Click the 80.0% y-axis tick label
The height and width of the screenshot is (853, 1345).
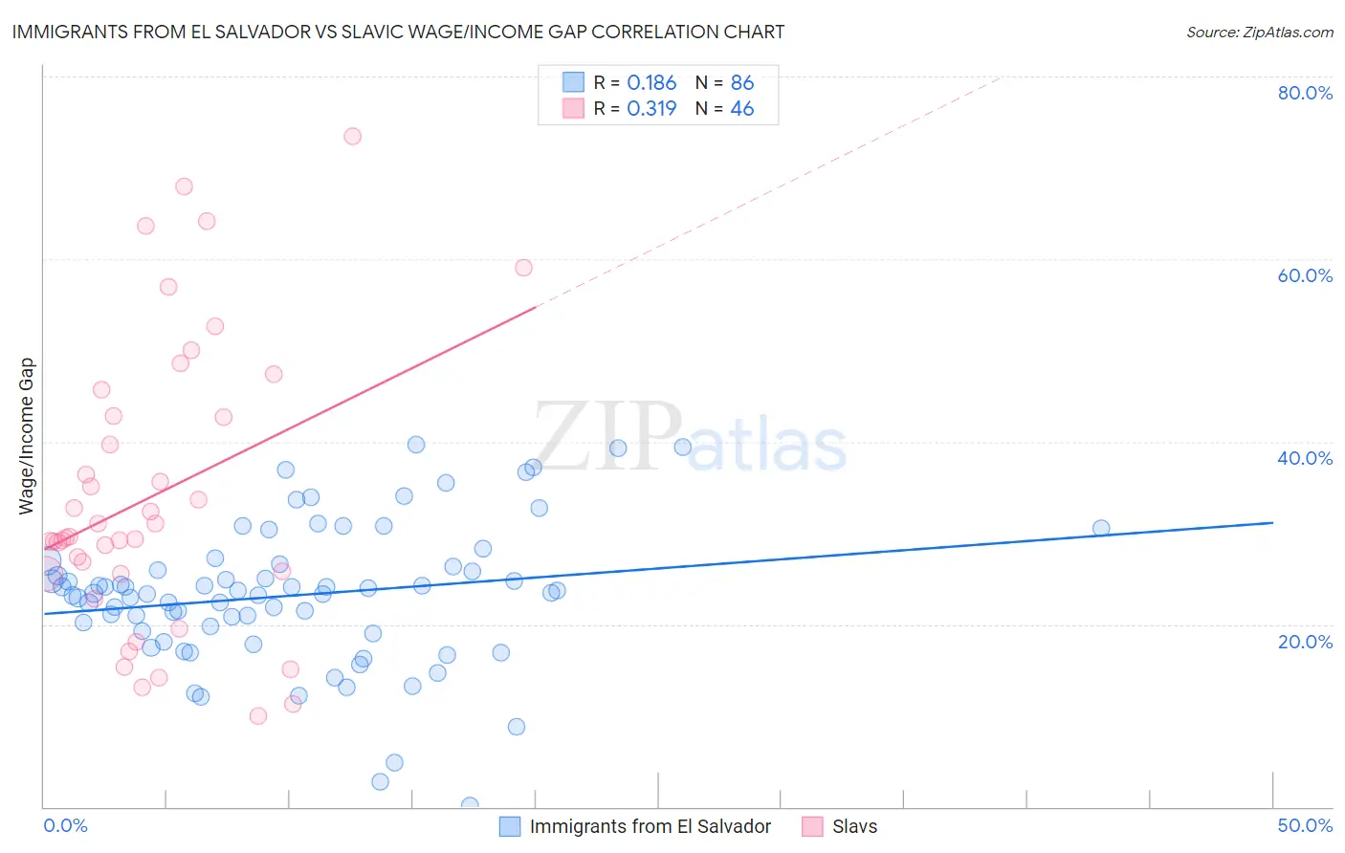point(1305,93)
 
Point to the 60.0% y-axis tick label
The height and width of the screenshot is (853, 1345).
point(1305,275)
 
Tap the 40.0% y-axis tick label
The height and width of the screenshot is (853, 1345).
point(1305,458)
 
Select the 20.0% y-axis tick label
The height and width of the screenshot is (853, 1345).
point(1305,641)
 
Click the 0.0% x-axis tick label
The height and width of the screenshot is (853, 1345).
point(65,825)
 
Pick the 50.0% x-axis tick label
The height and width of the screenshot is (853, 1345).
point(1305,825)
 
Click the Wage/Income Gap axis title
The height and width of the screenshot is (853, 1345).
point(27,436)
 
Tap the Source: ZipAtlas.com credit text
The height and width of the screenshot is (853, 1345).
point(1259,33)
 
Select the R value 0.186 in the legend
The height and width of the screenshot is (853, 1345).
point(651,83)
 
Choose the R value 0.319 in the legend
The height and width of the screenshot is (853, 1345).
point(651,109)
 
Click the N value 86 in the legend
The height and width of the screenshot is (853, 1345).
point(742,83)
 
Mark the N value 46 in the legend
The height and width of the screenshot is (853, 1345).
point(742,109)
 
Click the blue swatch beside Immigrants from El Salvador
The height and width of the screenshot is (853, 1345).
point(510,826)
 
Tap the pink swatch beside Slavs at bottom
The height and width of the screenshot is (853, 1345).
point(812,826)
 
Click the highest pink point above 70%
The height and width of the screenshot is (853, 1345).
point(352,136)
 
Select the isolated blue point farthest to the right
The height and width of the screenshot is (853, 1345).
point(1101,528)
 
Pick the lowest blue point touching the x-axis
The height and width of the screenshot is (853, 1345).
point(470,805)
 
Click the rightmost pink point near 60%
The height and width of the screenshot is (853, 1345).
point(523,268)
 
